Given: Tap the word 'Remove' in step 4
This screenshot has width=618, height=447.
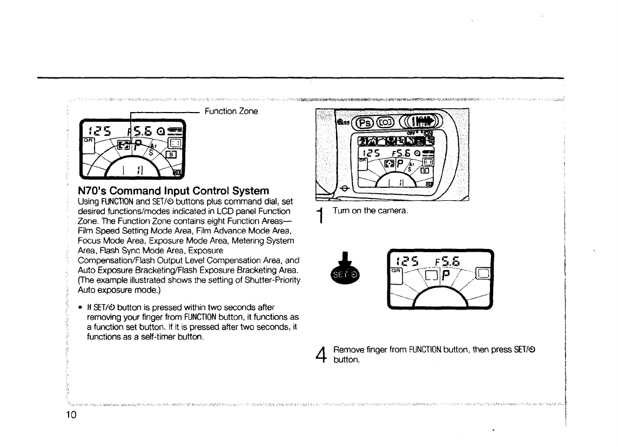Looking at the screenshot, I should pyautogui.click(x=348, y=350).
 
